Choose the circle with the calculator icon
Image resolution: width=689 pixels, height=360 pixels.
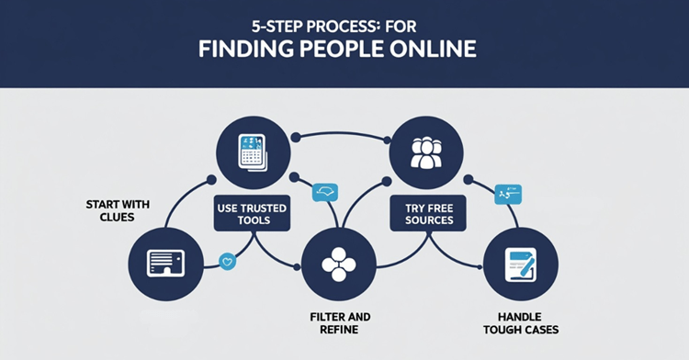pos(251,151)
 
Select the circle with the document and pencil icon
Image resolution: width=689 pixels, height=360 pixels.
pos(520,264)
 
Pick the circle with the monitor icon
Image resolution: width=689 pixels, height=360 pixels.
pos(161,263)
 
